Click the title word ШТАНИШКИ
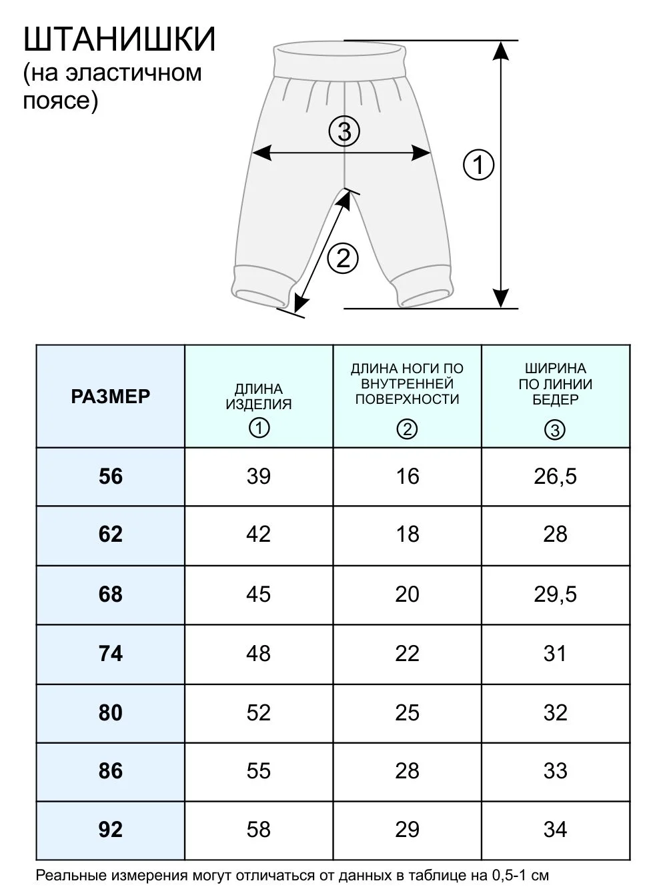point(119,39)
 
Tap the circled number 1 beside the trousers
point(478,165)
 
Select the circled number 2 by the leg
point(343,258)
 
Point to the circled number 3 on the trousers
point(344,132)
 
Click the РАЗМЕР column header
point(111,397)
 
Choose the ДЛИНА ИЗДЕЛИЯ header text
point(259,397)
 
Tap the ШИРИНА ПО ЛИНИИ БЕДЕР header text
point(556,384)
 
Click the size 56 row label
point(111,476)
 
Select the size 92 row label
point(111,829)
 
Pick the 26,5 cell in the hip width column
point(555,476)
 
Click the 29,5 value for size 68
point(555,594)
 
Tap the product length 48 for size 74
point(259,653)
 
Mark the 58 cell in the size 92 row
point(259,829)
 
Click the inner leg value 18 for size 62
point(408,534)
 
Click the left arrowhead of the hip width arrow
point(261,153)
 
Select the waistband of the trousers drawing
point(340,61)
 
